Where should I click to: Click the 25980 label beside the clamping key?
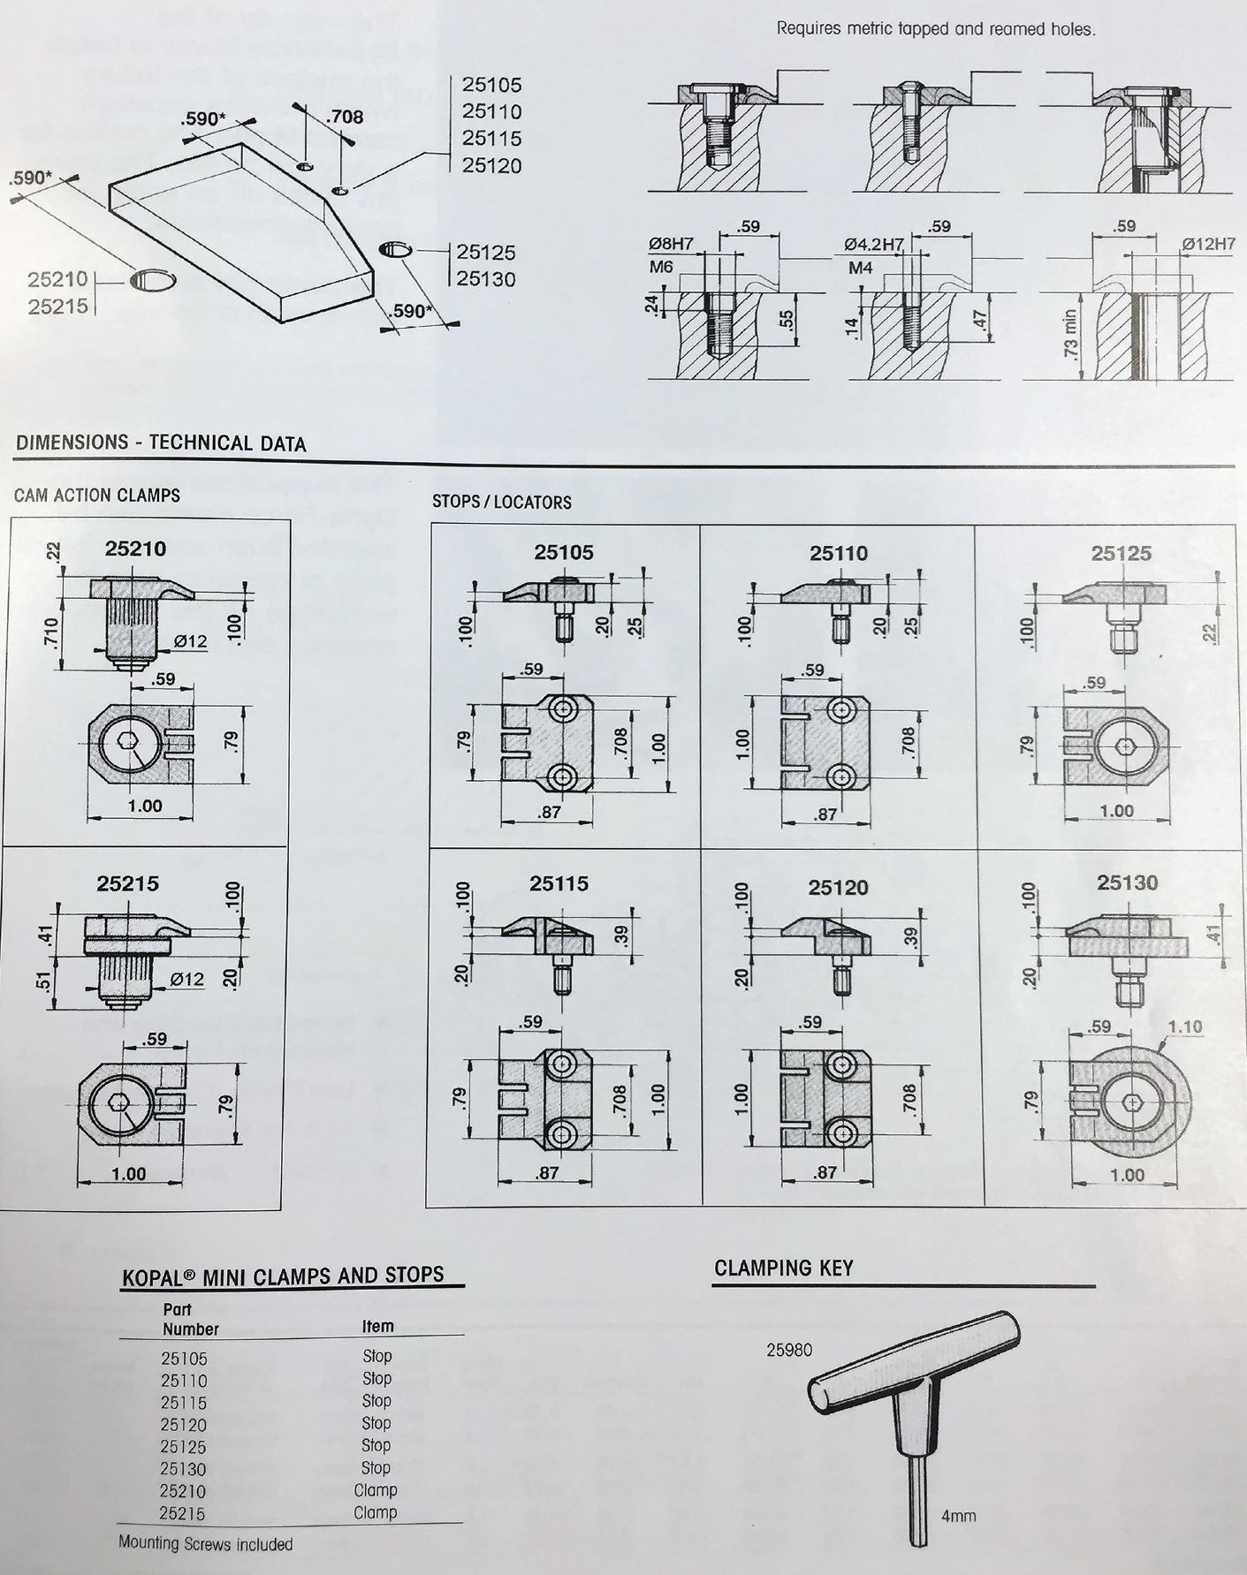click(x=788, y=1351)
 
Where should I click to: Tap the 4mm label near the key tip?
click(x=958, y=1516)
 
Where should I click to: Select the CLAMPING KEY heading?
click(x=783, y=1268)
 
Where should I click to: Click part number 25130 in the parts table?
click(x=183, y=1469)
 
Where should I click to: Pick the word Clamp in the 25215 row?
click(x=376, y=1512)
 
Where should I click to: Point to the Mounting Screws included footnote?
click(x=205, y=1544)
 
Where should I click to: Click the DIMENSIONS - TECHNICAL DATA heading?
click(x=161, y=443)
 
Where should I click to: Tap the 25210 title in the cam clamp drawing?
click(x=134, y=549)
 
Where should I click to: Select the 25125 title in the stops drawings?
click(x=1121, y=554)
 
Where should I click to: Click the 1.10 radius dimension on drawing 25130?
click(x=1185, y=1027)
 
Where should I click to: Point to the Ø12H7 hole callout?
click(x=1208, y=245)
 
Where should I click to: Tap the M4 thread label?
click(x=861, y=267)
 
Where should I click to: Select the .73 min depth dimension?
click(x=1069, y=343)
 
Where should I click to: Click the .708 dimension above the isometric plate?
click(x=344, y=117)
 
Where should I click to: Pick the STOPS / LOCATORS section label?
click(x=501, y=503)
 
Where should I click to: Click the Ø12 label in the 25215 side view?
click(x=186, y=979)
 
